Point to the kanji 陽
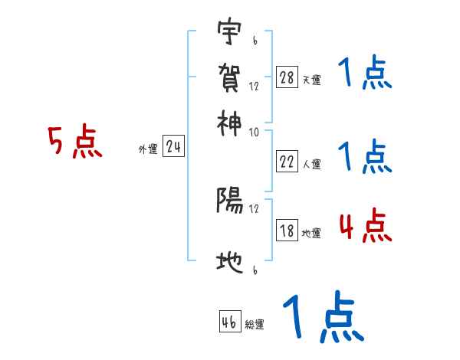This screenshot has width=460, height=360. pyautogui.click(x=229, y=201)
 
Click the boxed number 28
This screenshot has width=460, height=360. pyautogui.click(x=287, y=78)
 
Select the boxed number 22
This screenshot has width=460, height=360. pyautogui.click(x=287, y=162)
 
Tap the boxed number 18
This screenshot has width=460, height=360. pyautogui.click(x=287, y=231)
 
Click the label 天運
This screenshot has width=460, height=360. pyautogui.click(x=311, y=80)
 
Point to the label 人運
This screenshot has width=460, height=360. pyautogui.click(x=311, y=163)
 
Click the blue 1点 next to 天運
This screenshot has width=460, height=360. pyautogui.click(x=365, y=74)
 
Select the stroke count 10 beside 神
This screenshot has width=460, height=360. pyautogui.click(x=255, y=131)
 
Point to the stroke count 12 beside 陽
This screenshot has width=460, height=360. pyautogui.click(x=255, y=208)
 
